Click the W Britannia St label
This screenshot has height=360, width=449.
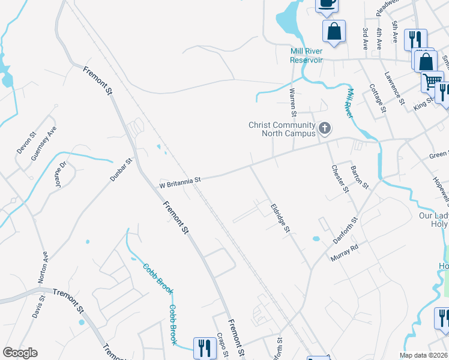click(179, 179)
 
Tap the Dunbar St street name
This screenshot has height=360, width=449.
click(120, 170)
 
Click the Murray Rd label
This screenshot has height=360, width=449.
click(345, 253)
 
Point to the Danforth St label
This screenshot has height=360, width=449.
click(345, 230)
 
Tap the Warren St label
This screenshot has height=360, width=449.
click(293, 103)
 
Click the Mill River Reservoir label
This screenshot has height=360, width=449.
click(306, 56)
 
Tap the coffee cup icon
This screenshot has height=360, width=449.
click(327, 4)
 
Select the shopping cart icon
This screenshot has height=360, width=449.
click(432, 81)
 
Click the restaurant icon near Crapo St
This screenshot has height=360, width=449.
click(204, 347)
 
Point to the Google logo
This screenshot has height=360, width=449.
click(20, 353)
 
